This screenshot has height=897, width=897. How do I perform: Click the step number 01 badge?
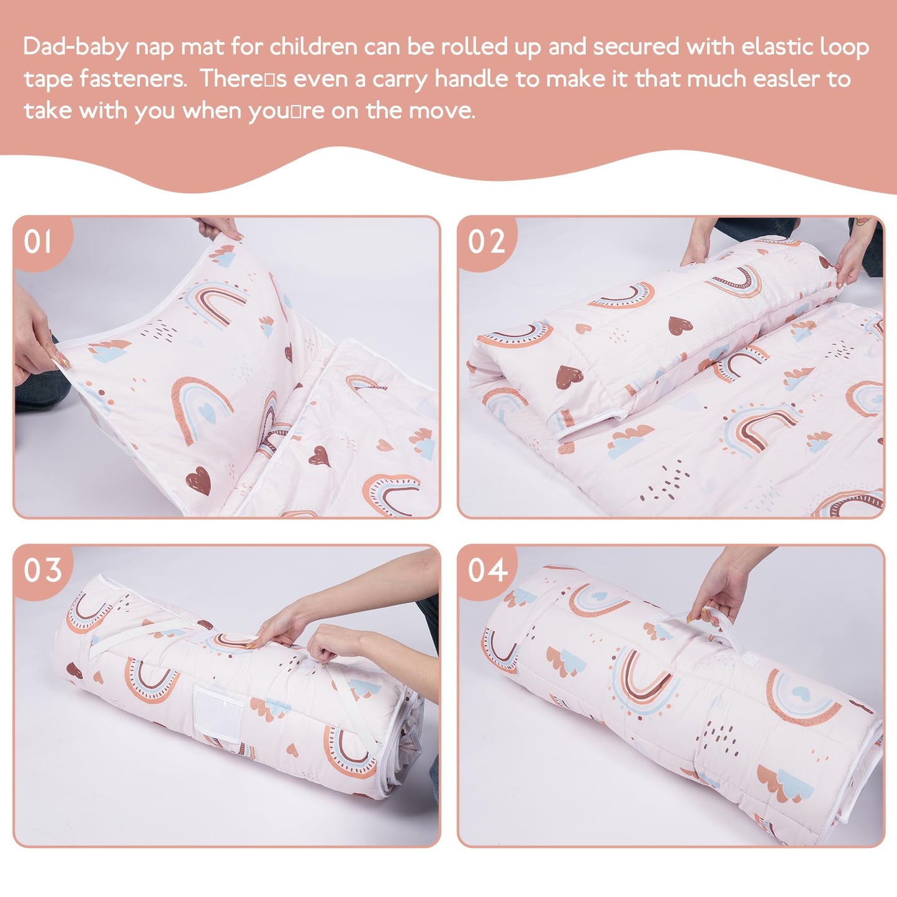(x=38, y=241)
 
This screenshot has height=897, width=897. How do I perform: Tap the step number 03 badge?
(x=42, y=570)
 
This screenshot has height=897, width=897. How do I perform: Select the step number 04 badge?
(x=487, y=570)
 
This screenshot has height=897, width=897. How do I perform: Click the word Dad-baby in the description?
(x=74, y=47)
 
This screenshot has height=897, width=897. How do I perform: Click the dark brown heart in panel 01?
(x=199, y=479)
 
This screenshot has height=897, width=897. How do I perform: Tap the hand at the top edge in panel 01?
(x=219, y=228)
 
